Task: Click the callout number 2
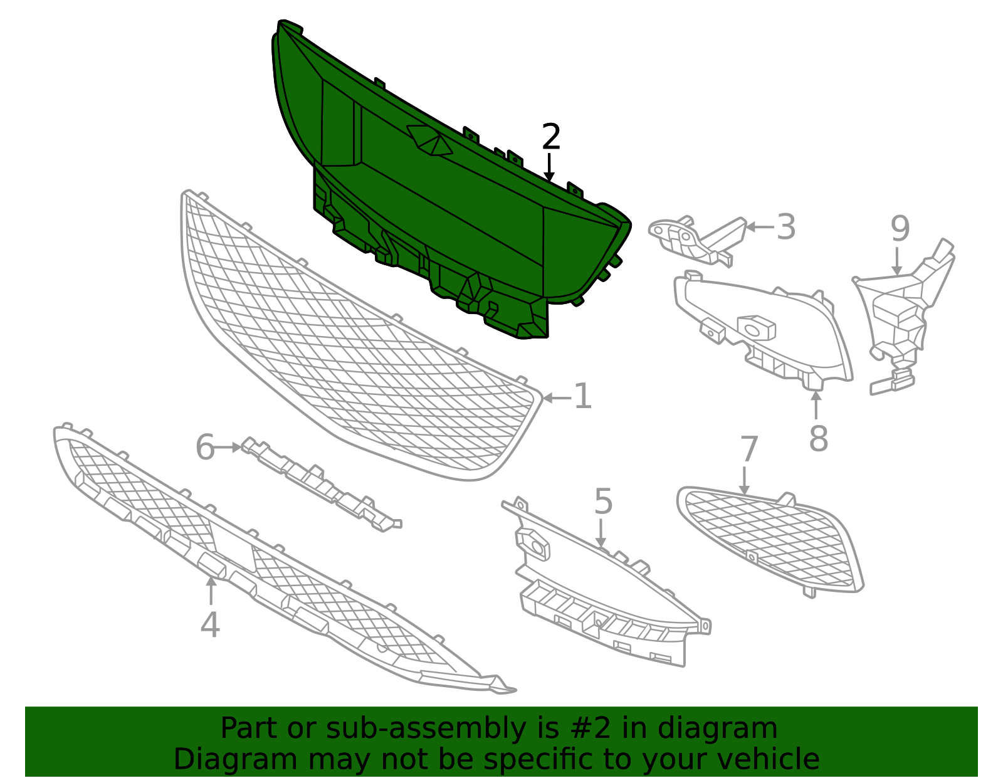click(550, 137)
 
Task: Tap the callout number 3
click(786, 227)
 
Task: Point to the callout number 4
click(210, 625)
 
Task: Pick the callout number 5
click(603, 502)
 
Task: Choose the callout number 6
click(205, 447)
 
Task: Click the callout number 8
click(818, 439)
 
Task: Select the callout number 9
click(900, 229)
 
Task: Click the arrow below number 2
click(549, 167)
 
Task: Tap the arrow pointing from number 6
click(228, 447)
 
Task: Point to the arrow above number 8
click(816, 404)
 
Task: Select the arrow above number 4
click(211, 591)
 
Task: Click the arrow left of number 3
click(760, 227)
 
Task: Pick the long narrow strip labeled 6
click(322, 483)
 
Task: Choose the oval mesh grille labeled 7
click(769, 541)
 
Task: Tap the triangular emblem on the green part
click(429, 140)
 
